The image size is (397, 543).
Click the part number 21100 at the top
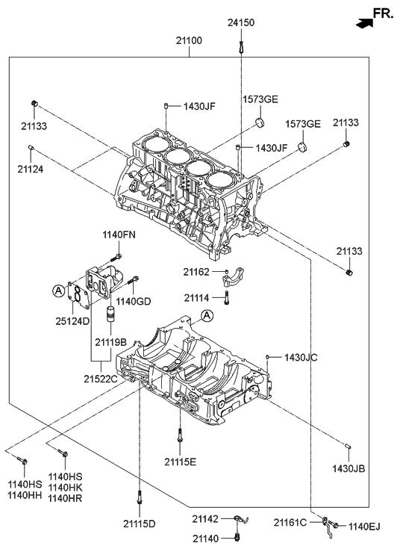tap(189, 40)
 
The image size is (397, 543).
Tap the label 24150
tap(241, 22)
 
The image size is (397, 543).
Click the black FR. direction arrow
tap(364, 23)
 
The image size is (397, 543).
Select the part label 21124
tap(31, 169)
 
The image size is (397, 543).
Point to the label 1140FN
tap(119, 235)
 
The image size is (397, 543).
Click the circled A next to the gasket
tap(59, 291)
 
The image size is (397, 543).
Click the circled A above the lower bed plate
tap(207, 315)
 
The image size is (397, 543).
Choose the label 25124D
tap(72, 321)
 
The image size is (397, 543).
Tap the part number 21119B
tap(110, 342)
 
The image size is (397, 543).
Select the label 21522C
tap(101, 379)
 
